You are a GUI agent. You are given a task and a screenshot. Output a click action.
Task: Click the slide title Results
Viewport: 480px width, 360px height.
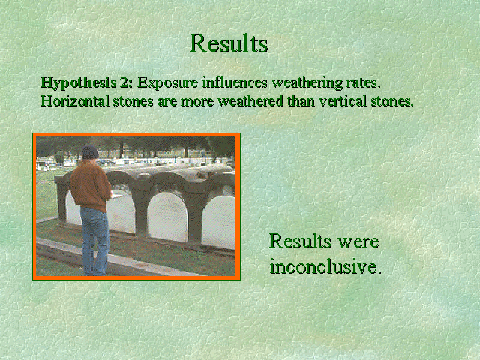[x=229, y=43]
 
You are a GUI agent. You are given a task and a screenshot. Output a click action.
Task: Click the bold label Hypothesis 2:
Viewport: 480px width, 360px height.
[x=87, y=83]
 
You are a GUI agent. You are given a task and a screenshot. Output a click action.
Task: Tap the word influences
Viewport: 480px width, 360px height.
[x=235, y=82]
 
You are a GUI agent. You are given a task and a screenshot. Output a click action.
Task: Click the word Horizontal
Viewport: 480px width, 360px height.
[x=75, y=101]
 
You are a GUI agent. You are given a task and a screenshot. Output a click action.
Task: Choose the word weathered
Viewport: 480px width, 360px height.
[x=250, y=101]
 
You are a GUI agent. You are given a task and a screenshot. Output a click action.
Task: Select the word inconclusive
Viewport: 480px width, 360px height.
[x=325, y=267]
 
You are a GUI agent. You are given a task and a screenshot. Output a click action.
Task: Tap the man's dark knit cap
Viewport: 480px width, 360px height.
[x=90, y=152]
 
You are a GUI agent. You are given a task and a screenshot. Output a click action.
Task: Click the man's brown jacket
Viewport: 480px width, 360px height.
[x=90, y=185]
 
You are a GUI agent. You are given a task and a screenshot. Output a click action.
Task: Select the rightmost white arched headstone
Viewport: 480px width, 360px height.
[x=218, y=222]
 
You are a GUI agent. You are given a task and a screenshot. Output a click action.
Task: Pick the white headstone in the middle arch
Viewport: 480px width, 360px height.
[x=167, y=217]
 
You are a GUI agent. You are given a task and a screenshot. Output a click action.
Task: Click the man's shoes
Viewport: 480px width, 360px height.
[x=94, y=273]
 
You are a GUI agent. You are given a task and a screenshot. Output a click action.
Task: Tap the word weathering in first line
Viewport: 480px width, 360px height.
[x=307, y=83]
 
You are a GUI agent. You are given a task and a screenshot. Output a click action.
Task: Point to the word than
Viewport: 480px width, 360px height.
[x=301, y=101]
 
